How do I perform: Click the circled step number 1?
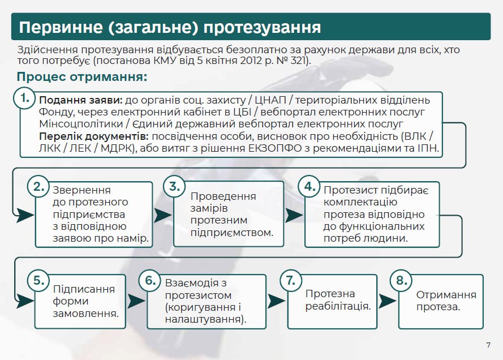(24, 98)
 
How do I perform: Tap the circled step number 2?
(38, 186)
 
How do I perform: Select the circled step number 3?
(174, 186)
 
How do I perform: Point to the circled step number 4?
(309, 186)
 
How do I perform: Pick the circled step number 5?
(38, 280)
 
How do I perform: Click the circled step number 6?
(150, 280)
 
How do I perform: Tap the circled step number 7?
(291, 280)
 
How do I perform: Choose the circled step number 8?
(401, 280)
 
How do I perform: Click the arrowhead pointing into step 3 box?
(163, 215)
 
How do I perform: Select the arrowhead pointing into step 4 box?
(294, 215)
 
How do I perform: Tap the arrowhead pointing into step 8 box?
(388, 301)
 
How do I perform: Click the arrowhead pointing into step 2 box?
(25, 215)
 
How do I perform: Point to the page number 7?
(488, 345)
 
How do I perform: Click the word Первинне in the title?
(61, 27)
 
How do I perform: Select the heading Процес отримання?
(82, 77)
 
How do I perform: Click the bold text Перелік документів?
(94, 136)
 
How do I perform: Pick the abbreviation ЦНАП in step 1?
(270, 100)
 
